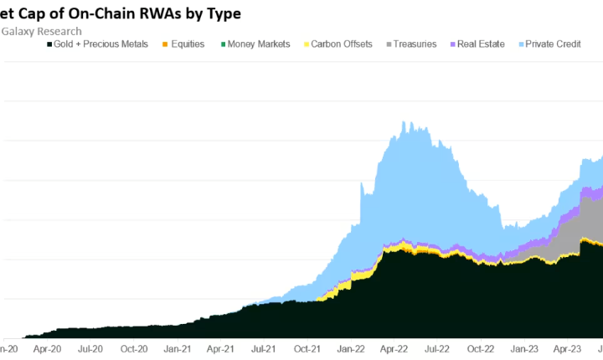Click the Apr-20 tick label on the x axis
pos(47,348)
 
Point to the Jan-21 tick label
pos(177,348)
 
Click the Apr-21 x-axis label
pos(220,348)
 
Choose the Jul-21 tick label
pos(264,348)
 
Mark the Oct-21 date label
pos(307,348)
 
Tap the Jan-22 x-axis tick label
pos(351,348)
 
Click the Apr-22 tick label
pos(394,348)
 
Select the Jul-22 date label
pos(437,348)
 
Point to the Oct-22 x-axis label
pos(481,348)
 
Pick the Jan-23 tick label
pos(524,348)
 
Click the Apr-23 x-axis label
pos(568,348)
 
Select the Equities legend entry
pos(182,44)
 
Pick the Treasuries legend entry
pos(410,44)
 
